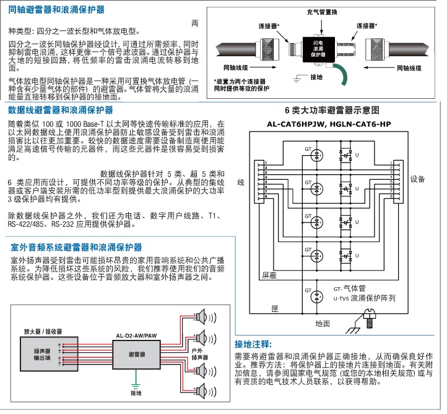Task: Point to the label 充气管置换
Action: pos(322,12)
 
